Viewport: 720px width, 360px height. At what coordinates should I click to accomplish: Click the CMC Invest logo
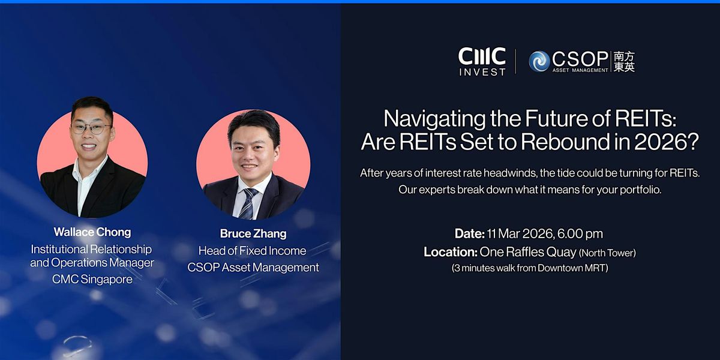[482, 62]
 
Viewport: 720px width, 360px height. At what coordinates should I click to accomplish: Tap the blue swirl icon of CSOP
[539, 61]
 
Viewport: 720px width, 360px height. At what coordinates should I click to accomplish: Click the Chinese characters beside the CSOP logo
[624, 61]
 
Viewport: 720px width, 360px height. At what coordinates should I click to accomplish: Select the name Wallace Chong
[92, 232]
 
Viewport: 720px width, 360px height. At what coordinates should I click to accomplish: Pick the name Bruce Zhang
[253, 233]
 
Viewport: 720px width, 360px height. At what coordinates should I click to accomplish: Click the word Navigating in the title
[434, 119]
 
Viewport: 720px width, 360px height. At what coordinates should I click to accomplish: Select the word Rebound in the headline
[566, 142]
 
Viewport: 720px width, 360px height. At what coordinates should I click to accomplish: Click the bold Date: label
[470, 233]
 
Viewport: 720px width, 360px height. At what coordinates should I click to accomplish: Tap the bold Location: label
[451, 252]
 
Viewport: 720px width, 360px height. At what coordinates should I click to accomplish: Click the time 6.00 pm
[580, 234]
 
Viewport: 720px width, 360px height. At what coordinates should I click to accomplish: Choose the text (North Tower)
[607, 253]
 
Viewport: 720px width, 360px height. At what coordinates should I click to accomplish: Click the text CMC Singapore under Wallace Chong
[92, 280]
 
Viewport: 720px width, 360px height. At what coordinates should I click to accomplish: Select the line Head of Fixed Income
[253, 251]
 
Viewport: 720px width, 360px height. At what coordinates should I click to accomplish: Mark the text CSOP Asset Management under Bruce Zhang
[253, 268]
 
